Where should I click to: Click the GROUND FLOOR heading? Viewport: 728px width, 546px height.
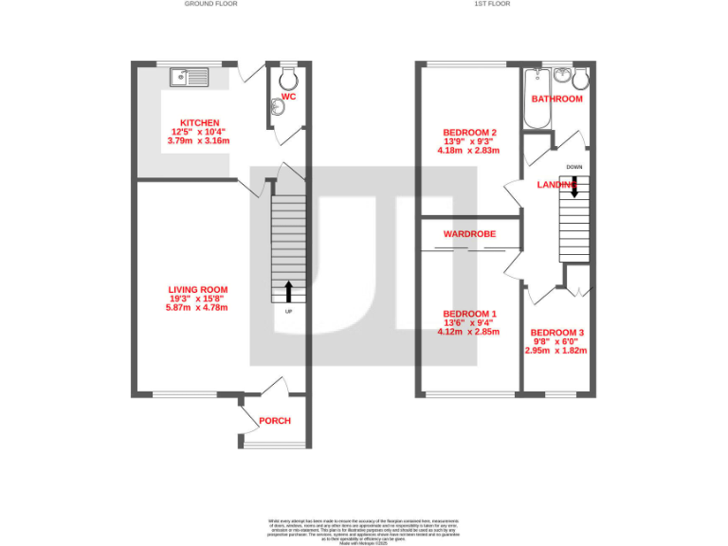pos(210,4)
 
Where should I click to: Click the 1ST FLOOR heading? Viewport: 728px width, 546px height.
pos(492,4)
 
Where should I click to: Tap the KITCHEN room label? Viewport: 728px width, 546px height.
pos(200,122)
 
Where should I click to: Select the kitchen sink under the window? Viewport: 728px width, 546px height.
pos(191,77)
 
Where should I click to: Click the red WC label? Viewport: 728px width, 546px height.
pos(289,96)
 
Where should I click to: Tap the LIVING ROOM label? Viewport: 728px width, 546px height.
pos(197,290)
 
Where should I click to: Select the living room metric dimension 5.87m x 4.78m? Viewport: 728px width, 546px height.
pos(197,308)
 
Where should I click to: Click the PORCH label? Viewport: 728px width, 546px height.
pos(275,421)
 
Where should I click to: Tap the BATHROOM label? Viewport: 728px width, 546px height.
pos(556,99)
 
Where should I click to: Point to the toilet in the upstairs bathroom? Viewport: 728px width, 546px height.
pos(580,76)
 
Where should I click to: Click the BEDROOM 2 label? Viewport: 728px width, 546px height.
pos(469,132)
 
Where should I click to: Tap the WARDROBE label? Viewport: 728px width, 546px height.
pos(464,232)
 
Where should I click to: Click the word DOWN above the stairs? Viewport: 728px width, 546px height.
pos(573,167)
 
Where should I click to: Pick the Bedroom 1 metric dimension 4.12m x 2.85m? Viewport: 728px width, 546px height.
pos(468,332)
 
